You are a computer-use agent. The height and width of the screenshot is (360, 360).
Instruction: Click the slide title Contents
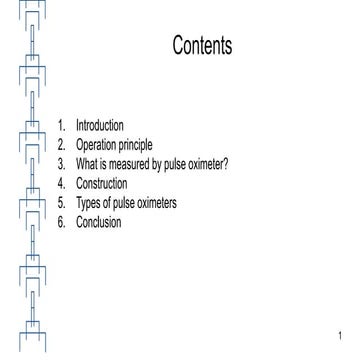point(202,47)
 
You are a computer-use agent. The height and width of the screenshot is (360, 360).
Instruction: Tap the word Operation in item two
point(98,142)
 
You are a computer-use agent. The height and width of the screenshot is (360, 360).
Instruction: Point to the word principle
point(137,142)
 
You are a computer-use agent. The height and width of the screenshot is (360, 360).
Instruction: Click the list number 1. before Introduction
point(62,126)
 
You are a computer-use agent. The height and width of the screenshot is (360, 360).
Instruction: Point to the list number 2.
point(62,142)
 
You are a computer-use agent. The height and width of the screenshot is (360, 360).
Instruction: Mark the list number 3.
point(62,158)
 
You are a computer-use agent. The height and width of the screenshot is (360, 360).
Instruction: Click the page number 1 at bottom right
point(341,334)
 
